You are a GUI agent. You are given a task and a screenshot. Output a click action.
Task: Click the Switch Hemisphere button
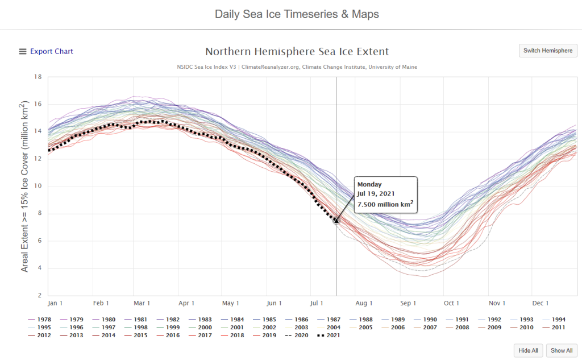click(548, 51)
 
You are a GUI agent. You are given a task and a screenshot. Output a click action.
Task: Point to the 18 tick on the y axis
click(39, 77)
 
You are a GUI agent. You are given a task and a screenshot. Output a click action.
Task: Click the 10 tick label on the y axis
click(39, 187)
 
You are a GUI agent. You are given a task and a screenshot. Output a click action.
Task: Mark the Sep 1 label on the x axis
click(408, 303)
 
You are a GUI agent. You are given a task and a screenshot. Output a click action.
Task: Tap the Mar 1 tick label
click(142, 303)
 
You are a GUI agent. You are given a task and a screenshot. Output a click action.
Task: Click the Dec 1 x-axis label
click(541, 303)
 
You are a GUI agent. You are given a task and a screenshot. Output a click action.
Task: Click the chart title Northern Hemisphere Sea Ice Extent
click(297, 51)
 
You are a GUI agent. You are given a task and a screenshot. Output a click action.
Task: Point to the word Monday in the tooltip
click(370, 184)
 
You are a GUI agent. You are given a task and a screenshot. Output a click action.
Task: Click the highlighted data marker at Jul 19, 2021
click(336, 220)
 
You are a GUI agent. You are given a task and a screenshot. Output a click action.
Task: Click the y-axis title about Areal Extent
click(24, 187)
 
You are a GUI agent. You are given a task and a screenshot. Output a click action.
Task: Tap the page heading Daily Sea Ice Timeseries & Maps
click(297, 14)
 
